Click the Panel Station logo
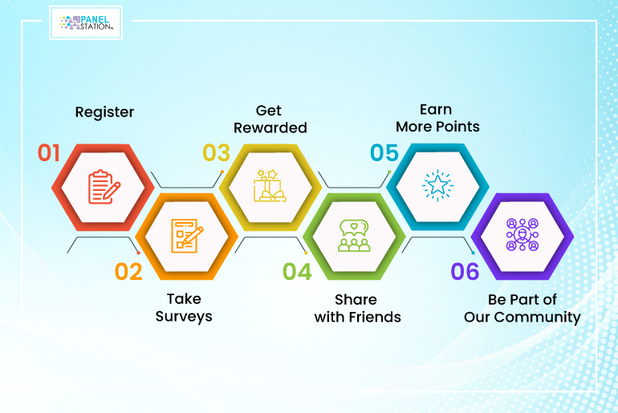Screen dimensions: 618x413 coord(86,22)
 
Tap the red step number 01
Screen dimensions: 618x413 coord(48,152)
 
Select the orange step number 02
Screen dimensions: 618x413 coord(128,272)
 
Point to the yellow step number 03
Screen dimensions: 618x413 coord(216,152)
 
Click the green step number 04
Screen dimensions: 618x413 coord(297,272)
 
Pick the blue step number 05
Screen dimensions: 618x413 coord(384,152)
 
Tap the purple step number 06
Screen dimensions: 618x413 coord(465,272)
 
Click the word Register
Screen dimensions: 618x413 coord(104,112)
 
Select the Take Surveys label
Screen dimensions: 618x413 coord(184,308)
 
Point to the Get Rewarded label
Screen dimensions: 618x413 coord(270,119)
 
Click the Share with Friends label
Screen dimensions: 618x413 coord(357,308)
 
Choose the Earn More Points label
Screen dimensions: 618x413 coord(437,118)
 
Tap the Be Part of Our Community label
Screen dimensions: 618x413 coord(522,309)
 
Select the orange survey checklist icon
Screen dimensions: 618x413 coord(187,236)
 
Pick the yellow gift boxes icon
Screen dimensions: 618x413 coord(270,185)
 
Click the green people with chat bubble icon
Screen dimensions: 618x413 coord(354,236)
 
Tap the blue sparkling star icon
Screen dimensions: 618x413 coord(437,185)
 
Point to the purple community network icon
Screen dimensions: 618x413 coord(522,235)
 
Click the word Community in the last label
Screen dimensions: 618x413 coord(537,318)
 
